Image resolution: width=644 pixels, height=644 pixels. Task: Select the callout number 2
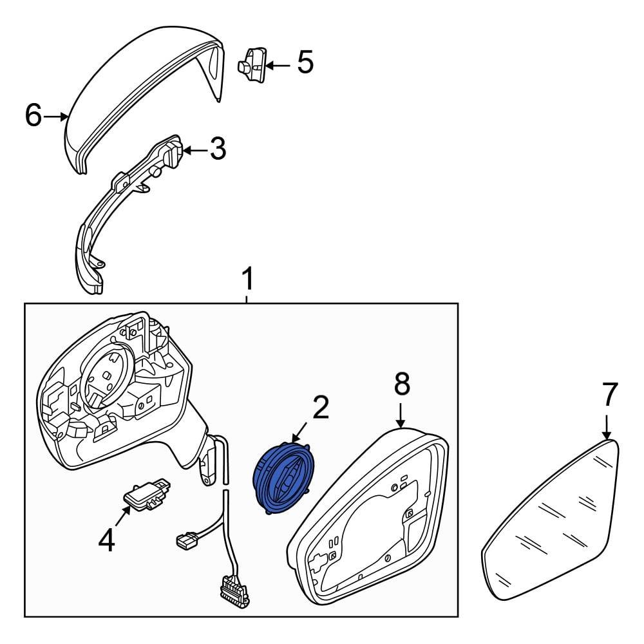point(321,408)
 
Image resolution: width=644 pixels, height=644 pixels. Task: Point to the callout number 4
point(107,540)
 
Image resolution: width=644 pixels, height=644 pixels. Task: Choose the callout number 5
point(305,62)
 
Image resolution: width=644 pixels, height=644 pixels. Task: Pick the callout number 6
point(33,115)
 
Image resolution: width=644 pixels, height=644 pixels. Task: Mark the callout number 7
point(609,394)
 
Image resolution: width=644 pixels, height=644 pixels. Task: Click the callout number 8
point(402,384)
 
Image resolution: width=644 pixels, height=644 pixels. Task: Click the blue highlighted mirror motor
point(284,478)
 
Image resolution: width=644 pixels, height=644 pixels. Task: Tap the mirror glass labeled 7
point(551,522)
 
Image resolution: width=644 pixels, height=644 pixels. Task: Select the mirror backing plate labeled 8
point(370,518)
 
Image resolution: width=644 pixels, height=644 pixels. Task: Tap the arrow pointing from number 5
point(278,65)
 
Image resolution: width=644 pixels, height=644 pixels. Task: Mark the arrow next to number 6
point(55,117)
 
